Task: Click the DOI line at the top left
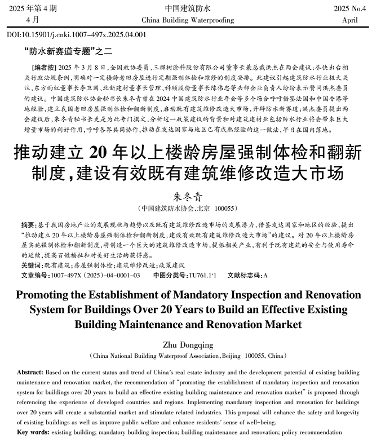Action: pos(77,34)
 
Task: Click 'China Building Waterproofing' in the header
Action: pos(187,20)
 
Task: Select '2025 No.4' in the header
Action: pos(350,8)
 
